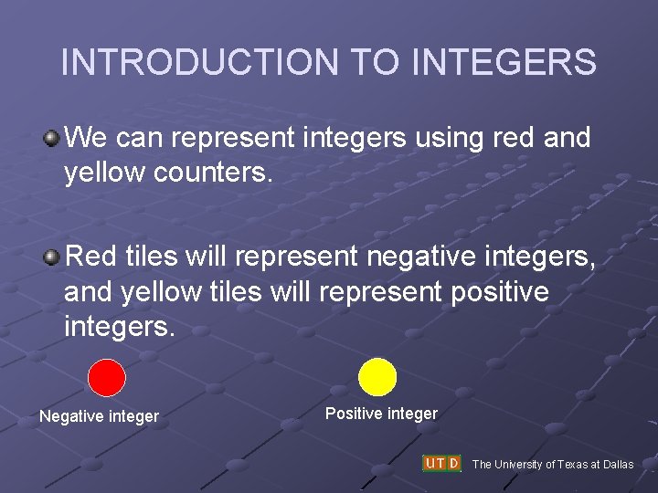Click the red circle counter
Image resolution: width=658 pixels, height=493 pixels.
(x=106, y=377)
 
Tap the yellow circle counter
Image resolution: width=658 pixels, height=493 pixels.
(x=377, y=376)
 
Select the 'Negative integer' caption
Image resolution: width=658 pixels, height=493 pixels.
(x=99, y=416)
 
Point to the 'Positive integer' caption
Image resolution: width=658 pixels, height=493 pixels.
(x=381, y=414)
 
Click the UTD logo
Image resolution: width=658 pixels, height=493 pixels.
(x=441, y=463)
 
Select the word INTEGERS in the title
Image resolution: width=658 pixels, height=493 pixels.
(x=504, y=63)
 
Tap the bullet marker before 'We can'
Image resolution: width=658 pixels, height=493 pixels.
(x=51, y=139)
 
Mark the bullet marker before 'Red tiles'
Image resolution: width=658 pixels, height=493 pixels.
(x=51, y=257)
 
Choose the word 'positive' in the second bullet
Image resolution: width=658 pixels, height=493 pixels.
(x=500, y=292)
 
